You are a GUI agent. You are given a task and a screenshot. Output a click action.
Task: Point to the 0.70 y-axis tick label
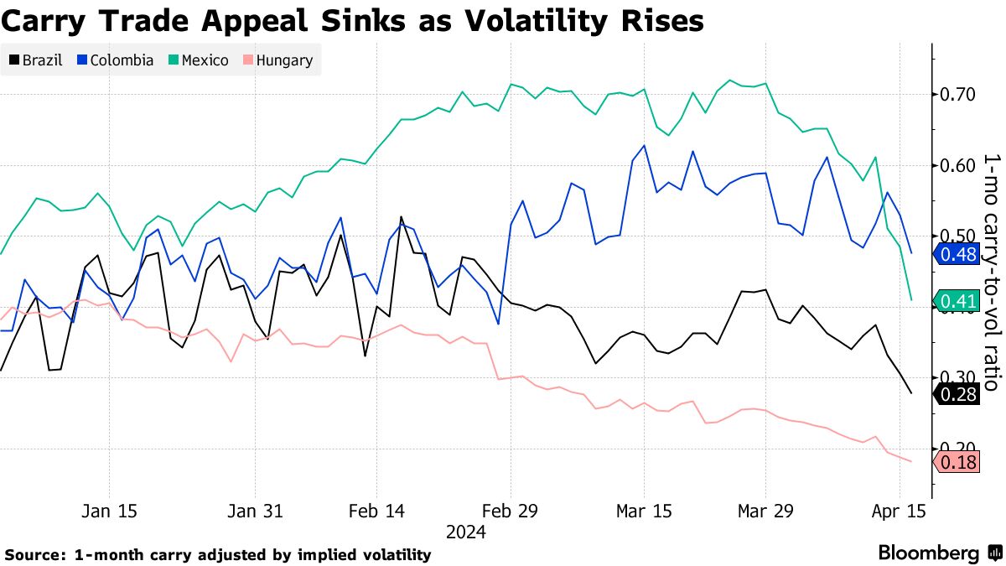click(x=957, y=94)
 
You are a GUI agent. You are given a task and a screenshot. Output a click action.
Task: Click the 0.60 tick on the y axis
click(x=957, y=165)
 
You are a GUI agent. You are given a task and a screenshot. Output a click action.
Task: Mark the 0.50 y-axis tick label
click(x=957, y=236)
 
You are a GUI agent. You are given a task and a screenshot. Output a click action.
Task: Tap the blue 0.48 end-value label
click(x=957, y=254)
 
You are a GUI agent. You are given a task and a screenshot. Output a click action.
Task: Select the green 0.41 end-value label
click(x=957, y=301)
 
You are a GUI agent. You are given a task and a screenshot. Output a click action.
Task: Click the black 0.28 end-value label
click(x=957, y=395)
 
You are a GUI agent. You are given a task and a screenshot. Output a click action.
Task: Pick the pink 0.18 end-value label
click(x=957, y=462)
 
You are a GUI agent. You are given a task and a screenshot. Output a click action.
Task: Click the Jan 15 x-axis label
click(x=110, y=511)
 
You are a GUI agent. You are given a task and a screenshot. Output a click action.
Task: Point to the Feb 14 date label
click(x=376, y=511)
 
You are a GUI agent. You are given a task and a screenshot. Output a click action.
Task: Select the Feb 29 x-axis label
click(x=511, y=511)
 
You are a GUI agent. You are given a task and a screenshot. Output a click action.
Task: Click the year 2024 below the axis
click(x=464, y=532)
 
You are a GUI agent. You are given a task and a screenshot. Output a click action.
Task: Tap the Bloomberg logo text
click(x=928, y=553)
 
